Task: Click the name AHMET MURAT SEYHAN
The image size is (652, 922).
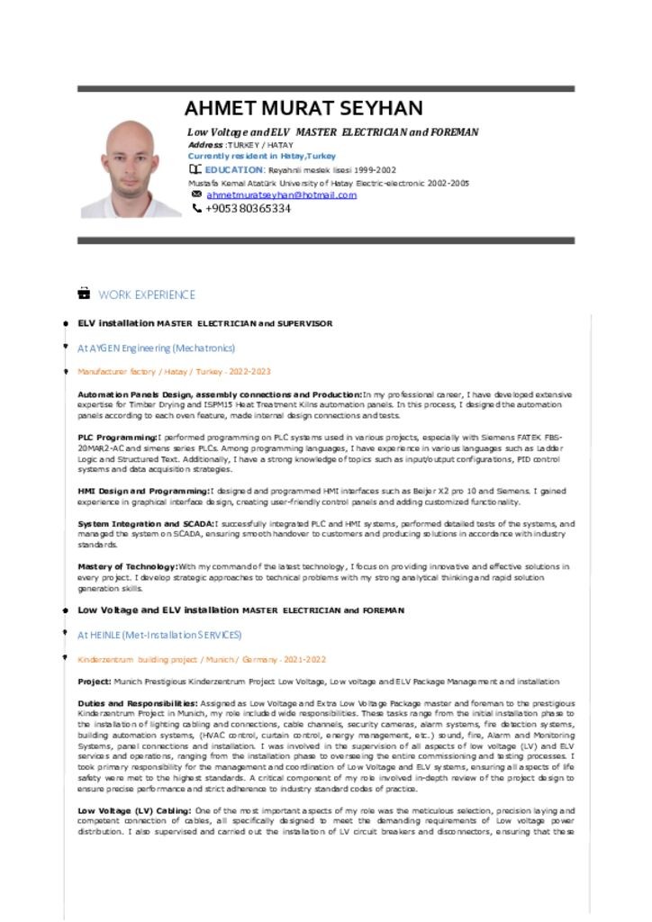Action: (303, 109)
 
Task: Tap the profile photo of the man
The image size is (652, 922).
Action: (131, 169)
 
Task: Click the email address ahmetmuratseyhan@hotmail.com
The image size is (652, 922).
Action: (282, 194)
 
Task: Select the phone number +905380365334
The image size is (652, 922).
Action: (248, 209)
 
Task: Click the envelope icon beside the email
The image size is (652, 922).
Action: (196, 194)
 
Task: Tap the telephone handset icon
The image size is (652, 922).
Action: (196, 209)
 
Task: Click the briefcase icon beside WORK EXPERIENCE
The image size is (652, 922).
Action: (84, 294)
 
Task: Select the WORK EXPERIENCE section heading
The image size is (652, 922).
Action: (147, 294)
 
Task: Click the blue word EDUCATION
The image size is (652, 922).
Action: (233, 169)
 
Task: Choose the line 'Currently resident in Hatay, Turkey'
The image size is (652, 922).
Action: (261, 156)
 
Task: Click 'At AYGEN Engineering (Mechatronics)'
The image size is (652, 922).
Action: (156, 348)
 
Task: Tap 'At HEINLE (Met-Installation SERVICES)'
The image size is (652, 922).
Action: (159, 635)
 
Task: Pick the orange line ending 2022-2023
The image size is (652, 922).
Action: (174, 371)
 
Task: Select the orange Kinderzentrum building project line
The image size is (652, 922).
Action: (202, 659)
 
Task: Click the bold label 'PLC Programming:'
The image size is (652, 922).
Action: (118, 437)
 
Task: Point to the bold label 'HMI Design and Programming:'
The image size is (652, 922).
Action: (143, 491)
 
